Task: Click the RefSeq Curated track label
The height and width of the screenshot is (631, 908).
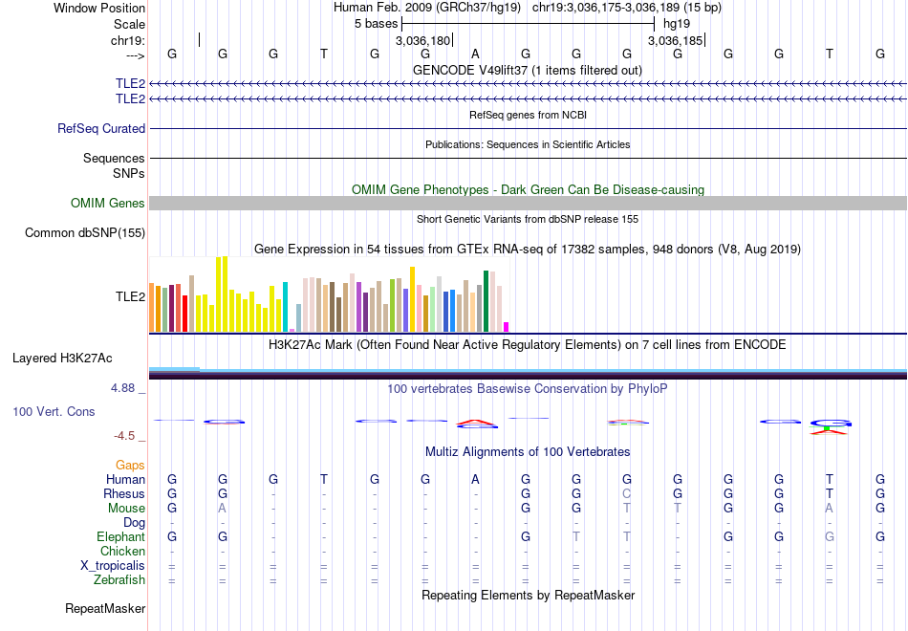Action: pyautogui.click(x=101, y=128)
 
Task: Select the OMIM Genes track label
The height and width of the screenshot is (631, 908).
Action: pyautogui.click(x=108, y=203)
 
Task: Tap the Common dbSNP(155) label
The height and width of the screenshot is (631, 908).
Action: pyautogui.click(x=85, y=232)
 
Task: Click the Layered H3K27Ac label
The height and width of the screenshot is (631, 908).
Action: pyautogui.click(x=62, y=359)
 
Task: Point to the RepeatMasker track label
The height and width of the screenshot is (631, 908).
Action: pyautogui.click(x=105, y=608)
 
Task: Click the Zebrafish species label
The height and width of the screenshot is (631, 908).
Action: pyautogui.click(x=119, y=579)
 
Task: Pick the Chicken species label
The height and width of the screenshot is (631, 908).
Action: pyautogui.click(x=122, y=551)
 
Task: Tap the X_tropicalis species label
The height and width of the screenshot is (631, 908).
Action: pyautogui.click(x=113, y=565)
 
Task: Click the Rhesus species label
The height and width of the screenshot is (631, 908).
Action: pyautogui.click(x=124, y=493)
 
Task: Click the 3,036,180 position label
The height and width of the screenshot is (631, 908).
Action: pyautogui.click(x=422, y=41)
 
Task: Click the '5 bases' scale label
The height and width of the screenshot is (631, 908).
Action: pyautogui.click(x=376, y=23)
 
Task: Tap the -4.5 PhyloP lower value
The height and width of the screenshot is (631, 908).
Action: pyautogui.click(x=124, y=436)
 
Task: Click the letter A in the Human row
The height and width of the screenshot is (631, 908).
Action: pyautogui.click(x=475, y=479)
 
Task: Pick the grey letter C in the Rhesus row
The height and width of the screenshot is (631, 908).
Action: pyautogui.click(x=627, y=493)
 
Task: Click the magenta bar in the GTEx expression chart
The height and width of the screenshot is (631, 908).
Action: pyautogui.click(x=507, y=327)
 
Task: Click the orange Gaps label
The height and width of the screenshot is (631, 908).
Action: pyautogui.click(x=130, y=465)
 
